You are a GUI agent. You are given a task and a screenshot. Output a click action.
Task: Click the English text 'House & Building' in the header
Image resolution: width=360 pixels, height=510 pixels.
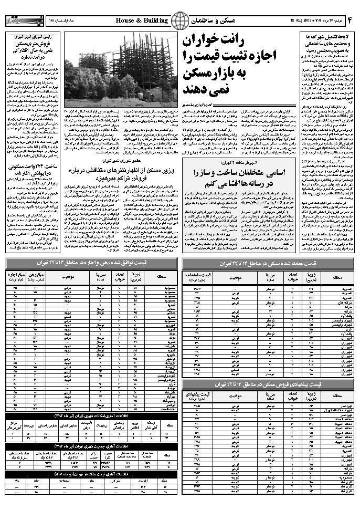point(142,20)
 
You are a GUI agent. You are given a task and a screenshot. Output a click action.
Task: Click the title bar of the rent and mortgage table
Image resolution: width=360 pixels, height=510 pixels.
point(91,263)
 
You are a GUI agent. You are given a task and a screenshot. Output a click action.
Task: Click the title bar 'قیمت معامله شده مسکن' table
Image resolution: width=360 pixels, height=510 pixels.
point(269,263)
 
